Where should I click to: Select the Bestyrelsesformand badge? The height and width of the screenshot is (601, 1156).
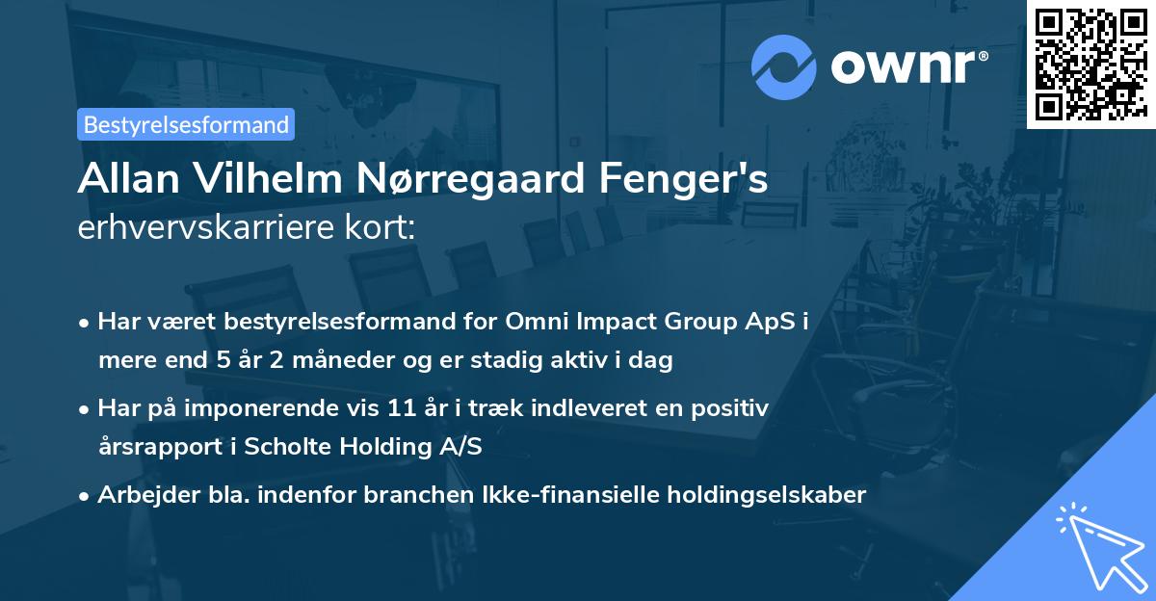point(186,124)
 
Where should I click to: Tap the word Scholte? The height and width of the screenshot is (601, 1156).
point(290,448)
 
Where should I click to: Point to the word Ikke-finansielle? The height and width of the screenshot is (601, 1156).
point(563,495)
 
